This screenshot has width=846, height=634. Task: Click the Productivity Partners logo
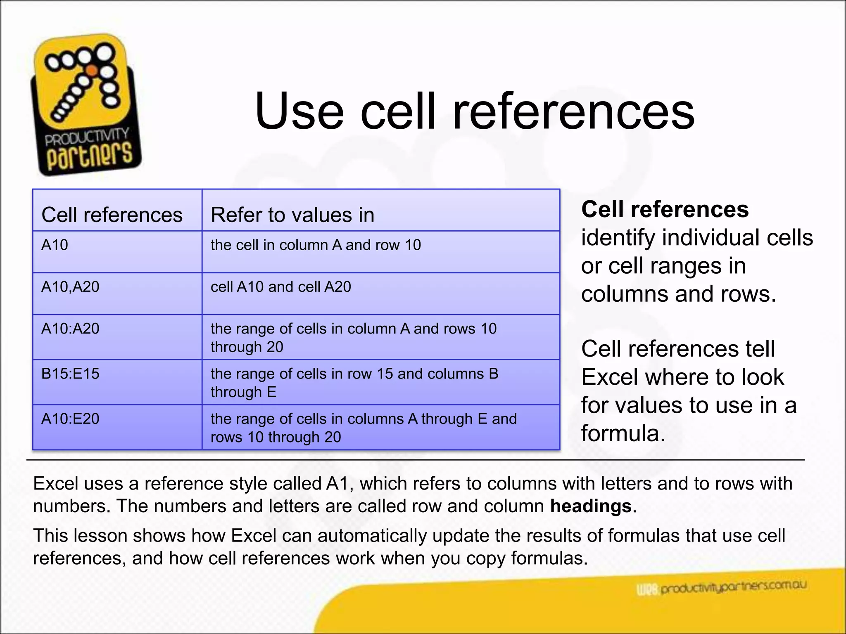[86, 105]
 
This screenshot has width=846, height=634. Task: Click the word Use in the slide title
[299, 111]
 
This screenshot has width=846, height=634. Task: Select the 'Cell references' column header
[112, 215]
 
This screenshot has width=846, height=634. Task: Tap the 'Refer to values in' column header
[292, 215]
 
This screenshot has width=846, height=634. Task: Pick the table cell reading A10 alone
[55, 245]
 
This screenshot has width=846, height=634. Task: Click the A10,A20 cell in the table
[70, 287]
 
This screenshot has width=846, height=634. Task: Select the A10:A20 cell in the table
[70, 329]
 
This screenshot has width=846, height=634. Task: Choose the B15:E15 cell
[70, 374]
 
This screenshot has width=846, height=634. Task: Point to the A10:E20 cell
[70, 419]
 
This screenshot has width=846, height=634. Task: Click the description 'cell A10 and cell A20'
[281, 287]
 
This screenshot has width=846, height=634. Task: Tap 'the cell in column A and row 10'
[316, 245]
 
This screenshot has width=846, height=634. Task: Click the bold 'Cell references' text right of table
[665, 209]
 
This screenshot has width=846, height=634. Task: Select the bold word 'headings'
[591, 506]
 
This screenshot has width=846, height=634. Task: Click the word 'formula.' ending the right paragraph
[623, 433]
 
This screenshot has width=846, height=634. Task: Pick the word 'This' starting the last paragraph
[51, 536]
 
